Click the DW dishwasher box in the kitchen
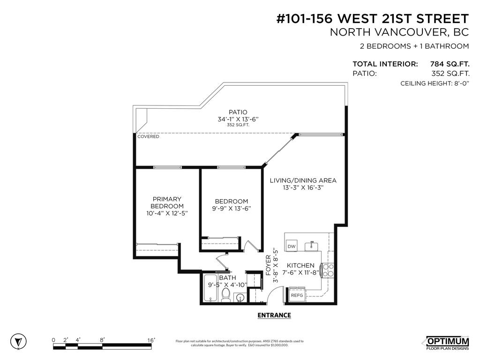292,246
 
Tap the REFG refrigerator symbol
297,296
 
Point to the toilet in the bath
226,295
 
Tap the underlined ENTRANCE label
274,315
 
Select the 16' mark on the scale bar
151,340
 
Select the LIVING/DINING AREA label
303,180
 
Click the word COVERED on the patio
148,136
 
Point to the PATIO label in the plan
238,112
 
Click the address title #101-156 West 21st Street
372,19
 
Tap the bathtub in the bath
210,295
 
